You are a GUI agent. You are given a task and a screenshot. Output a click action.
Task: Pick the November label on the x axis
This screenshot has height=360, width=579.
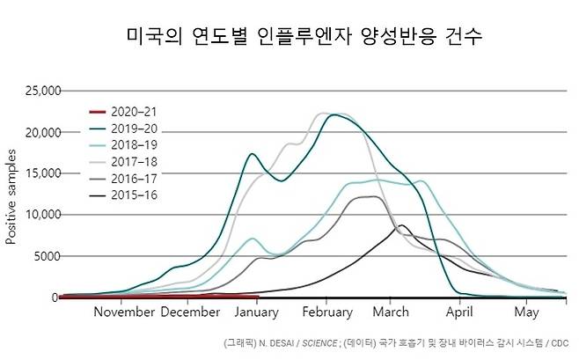tap(124, 312)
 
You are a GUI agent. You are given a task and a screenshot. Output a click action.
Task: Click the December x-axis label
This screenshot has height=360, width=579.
tap(191, 312)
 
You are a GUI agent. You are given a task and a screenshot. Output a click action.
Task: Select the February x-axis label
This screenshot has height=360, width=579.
tap(326, 312)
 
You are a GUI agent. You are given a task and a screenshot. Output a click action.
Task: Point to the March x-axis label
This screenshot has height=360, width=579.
tap(391, 312)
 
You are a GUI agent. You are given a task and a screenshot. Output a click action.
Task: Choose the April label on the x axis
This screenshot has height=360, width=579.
tap(459, 312)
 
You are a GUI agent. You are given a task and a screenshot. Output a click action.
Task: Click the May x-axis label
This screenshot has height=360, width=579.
tap(526, 312)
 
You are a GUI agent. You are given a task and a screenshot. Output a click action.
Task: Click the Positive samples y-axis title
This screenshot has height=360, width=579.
tap(11, 197)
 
